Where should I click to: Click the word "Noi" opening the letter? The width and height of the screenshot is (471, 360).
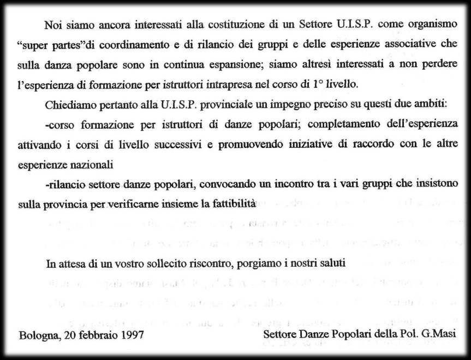click(x=53, y=25)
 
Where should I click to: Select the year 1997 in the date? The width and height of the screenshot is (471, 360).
click(x=133, y=334)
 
